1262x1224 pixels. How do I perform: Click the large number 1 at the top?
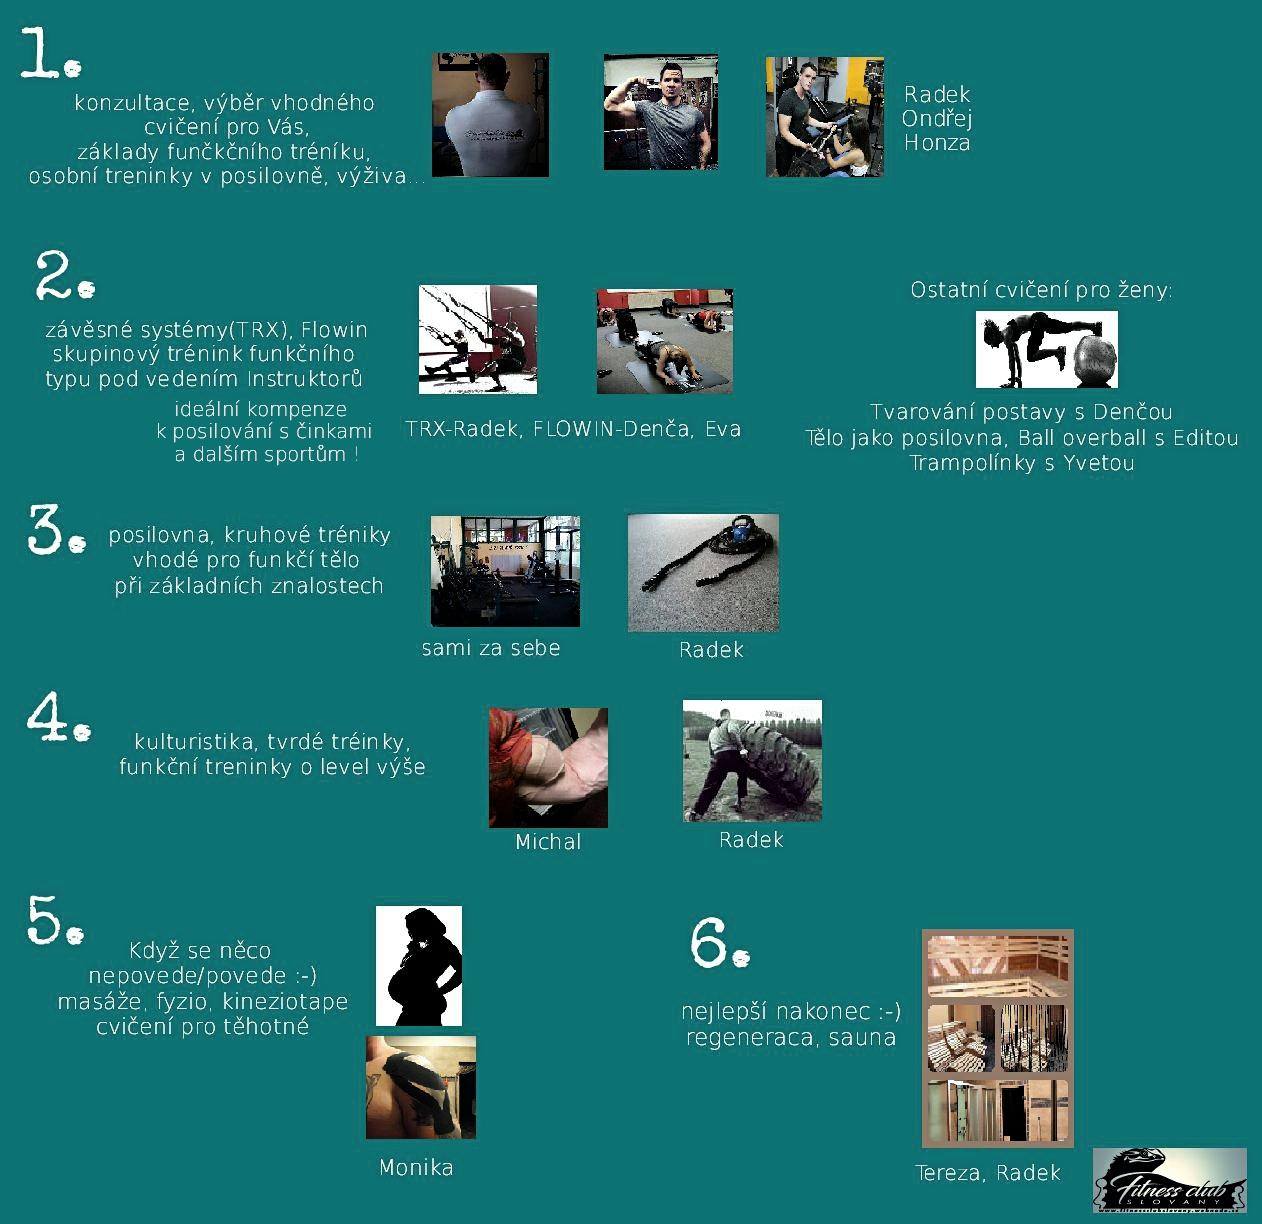click(40, 54)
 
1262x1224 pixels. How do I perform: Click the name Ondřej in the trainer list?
click(936, 119)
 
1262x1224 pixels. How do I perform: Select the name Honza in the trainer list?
click(937, 143)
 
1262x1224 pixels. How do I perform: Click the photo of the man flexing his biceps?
click(661, 112)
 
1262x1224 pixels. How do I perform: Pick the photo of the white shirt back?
click(490, 115)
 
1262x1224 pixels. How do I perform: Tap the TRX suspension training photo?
click(478, 339)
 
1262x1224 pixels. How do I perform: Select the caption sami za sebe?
click(491, 648)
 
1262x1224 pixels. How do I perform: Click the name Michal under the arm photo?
click(548, 842)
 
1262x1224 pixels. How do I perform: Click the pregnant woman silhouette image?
click(419, 966)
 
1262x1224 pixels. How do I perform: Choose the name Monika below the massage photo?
click(416, 1168)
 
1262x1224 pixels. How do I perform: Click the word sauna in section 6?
click(863, 1038)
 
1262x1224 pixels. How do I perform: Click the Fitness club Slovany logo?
click(1169, 1180)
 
